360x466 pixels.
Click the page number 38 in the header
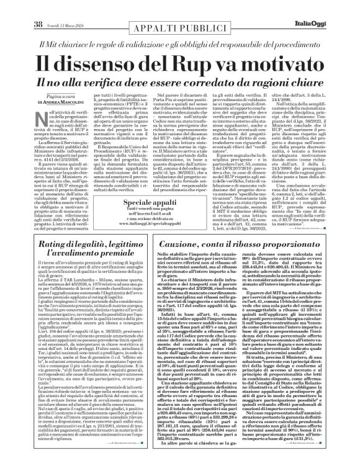[x=20, y=7]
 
